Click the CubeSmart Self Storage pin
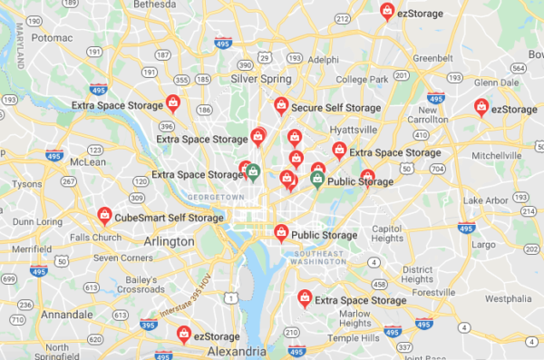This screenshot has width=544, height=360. click(105, 216)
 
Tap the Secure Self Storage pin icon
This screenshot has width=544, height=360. click(282, 105)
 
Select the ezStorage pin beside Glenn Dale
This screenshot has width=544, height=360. click(482, 107)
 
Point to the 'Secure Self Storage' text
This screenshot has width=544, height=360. click(335, 109)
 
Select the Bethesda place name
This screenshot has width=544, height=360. click(155, 4)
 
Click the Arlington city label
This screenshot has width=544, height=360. click(169, 242)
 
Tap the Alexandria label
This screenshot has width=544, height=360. click(237, 350)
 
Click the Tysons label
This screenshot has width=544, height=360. click(26, 184)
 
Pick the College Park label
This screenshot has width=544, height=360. click(362, 80)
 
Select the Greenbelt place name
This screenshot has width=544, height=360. click(432, 58)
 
